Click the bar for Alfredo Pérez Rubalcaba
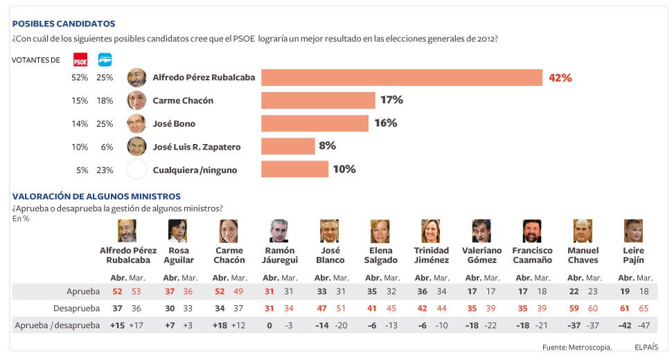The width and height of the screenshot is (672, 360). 401,78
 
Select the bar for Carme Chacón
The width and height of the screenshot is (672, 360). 318,100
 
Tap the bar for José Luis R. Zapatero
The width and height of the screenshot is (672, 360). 288,146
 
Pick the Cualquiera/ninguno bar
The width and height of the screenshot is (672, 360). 294,169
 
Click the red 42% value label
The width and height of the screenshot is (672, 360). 560,78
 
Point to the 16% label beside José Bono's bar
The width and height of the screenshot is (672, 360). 385,123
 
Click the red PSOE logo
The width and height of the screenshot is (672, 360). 80,60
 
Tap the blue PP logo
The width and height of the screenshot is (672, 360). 105,60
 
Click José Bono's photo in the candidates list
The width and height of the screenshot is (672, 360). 136,123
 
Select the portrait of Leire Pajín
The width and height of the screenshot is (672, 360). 633,231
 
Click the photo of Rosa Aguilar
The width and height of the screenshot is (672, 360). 178,231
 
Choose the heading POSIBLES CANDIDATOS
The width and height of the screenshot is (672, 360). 64,24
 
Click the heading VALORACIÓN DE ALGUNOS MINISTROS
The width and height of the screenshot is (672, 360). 96,197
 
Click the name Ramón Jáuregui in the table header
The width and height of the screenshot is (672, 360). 280,255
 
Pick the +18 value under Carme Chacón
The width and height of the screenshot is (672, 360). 220,325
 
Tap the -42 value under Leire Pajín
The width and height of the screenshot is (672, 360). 625,325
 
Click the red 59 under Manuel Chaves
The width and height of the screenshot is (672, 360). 574,307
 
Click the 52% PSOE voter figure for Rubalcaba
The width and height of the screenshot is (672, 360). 80,78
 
